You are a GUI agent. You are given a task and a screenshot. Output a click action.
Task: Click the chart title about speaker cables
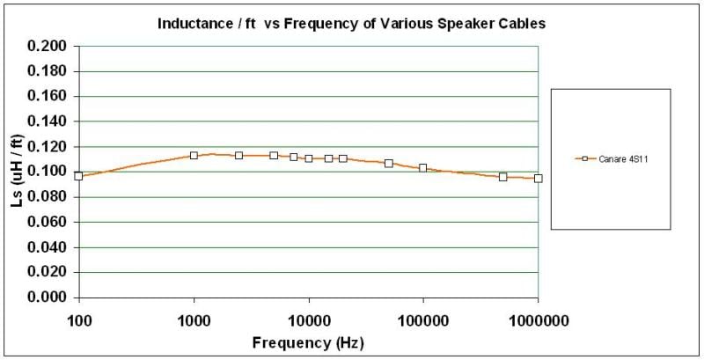coord(351,24)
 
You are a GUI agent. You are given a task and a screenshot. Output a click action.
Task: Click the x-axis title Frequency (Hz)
coord(307,342)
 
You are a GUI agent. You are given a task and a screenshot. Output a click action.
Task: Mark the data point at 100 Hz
coord(79,176)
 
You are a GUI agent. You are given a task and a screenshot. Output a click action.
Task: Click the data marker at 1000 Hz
coord(194,155)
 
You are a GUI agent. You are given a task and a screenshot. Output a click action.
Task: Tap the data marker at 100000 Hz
coord(423,168)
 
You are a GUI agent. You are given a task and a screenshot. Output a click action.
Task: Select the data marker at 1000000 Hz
coord(538,178)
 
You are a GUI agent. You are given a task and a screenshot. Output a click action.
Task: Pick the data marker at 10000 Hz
coord(309,158)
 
